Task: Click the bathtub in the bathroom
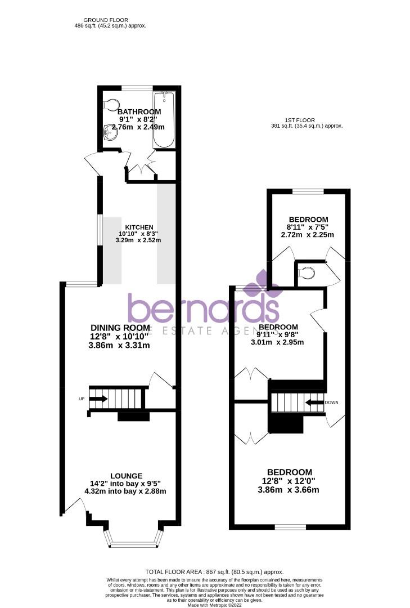(164, 119)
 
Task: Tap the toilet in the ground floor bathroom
(112, 105)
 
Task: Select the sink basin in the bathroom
(110, 133)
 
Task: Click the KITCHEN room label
(139, 227)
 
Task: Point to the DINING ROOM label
(120, 328)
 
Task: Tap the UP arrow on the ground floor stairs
(98, 399)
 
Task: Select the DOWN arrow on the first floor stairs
(314, 402)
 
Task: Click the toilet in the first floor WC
(308, 273)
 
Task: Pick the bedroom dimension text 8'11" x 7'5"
(308, 227)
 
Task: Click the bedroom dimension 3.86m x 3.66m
(289, 490)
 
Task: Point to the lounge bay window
(134, 544)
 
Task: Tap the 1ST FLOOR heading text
(299, 120)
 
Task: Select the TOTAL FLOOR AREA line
(214, 571)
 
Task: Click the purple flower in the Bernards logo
(262, 283)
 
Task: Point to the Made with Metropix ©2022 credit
(214, 605)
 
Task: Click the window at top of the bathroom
(137, 87)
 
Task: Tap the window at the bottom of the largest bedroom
(290, 527)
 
